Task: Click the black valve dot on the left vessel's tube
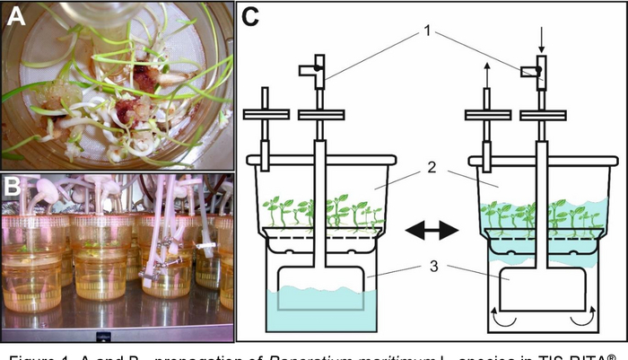click(318, 67)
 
